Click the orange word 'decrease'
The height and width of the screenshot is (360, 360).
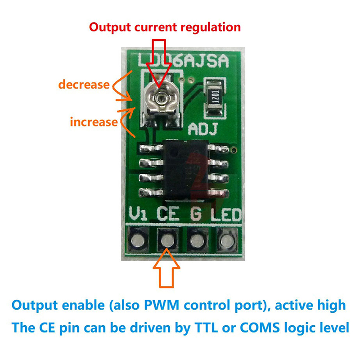point(84,84)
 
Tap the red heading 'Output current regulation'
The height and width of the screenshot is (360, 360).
point(165,27)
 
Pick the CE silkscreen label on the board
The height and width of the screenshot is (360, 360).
point(168,213)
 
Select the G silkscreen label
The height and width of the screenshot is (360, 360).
point(195,213)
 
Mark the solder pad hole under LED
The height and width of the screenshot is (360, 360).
point(226,239)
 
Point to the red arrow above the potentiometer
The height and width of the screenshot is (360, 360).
point(160,58)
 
